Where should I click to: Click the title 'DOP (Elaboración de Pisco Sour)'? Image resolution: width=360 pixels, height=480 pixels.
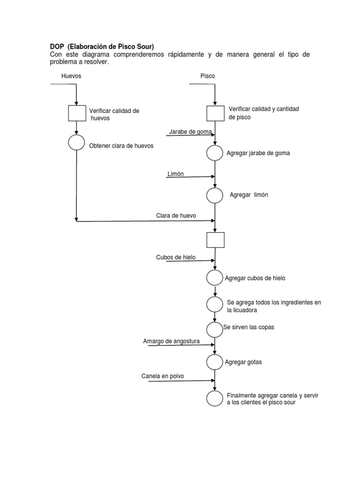point(102,46)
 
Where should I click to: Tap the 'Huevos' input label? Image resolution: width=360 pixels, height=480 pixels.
point(71,75)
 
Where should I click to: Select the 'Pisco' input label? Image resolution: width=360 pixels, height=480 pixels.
point(208,75)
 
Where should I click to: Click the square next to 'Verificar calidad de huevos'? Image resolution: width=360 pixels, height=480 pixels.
point(76,113)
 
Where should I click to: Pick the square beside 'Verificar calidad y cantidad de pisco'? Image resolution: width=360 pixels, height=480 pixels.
point(216,113)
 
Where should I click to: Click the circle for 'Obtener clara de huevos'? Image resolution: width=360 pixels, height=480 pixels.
point(76,142)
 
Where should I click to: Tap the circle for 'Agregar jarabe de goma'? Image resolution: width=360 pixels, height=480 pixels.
point(215,153)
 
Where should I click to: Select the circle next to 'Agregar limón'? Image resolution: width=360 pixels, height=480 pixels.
point(215,195)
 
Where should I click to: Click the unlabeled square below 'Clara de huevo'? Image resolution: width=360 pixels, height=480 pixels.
point(215,240)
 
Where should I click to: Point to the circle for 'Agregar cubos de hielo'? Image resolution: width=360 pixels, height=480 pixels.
point(215,277)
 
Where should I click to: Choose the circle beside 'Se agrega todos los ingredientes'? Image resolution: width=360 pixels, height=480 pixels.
point(215,304)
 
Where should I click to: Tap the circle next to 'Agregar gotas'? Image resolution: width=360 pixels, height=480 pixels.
point(215,362)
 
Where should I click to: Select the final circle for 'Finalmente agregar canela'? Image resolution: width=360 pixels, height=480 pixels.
point(215,398)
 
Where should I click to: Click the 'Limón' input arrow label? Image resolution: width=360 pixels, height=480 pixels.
point(176,174)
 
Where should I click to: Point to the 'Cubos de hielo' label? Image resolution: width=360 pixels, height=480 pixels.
point(176,257)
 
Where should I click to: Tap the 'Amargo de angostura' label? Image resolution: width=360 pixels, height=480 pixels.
point(172,341)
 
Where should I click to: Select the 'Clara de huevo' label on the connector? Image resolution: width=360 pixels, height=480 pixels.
point(176,216)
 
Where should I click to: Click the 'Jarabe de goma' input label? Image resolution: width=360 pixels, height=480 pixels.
point(190,132)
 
